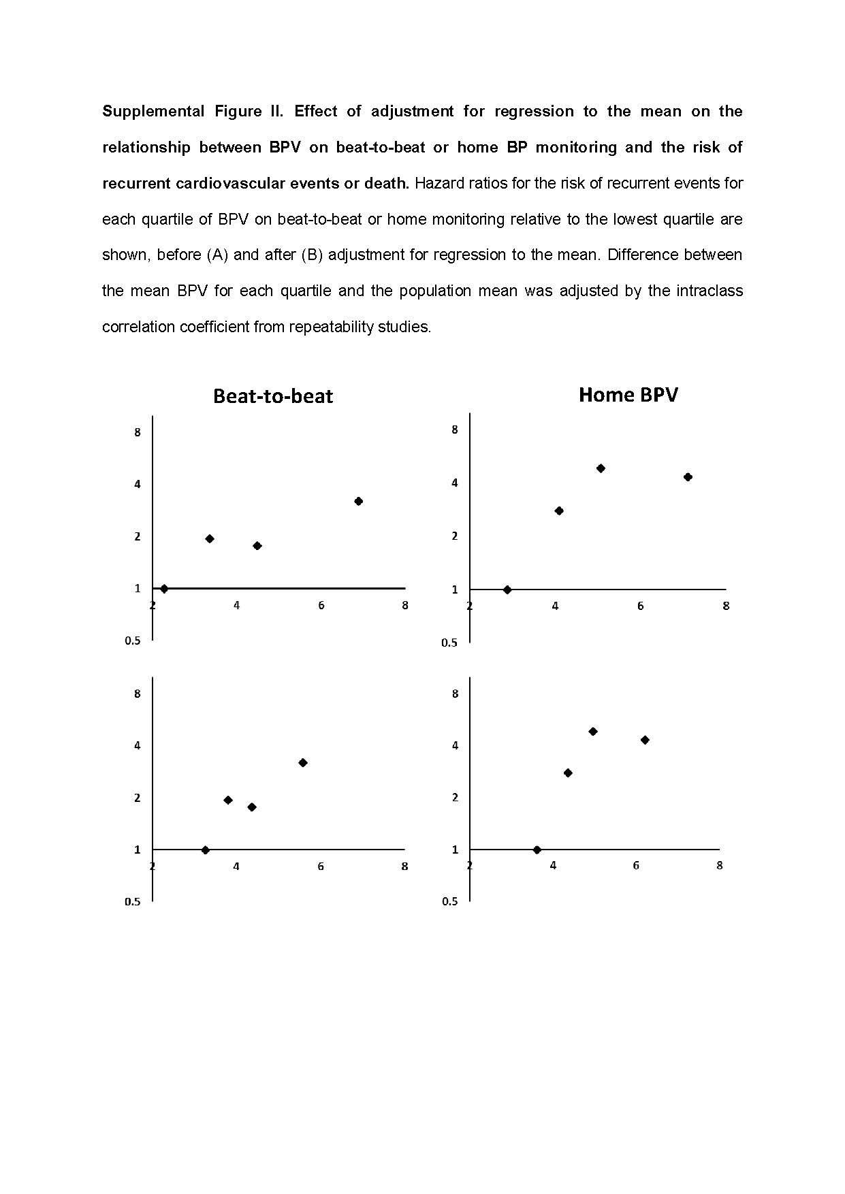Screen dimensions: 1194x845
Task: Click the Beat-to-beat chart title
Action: tap(273, 396)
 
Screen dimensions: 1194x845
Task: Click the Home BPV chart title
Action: tap(628, 395)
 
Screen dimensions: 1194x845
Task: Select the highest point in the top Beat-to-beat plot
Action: tap(359, 501)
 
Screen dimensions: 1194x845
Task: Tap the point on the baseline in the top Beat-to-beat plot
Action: tap(164, 588)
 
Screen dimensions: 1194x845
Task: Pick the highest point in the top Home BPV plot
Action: tap(601, 468)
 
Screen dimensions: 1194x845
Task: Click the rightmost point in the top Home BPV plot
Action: tap(688, 477)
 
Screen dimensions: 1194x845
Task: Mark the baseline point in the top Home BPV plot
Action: tap(507, 590)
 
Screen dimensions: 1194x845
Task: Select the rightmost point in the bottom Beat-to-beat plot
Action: tap(303, 762)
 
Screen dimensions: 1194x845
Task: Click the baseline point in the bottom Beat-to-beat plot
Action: tap(206, 850)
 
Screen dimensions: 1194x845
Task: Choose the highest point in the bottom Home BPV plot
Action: tap(593, 732)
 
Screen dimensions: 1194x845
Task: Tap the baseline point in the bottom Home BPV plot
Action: tap(537, 850)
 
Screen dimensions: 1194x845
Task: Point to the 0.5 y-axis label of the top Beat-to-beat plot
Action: tap(133, 641)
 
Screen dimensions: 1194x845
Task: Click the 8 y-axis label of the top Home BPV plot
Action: tap(455, 430)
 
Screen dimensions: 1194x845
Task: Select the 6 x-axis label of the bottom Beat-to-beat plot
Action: tap(321, 867)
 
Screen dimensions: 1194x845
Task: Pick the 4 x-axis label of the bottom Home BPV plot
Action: tap(553, 865)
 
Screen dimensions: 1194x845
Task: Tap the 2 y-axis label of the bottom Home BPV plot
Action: tap(455, 797)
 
